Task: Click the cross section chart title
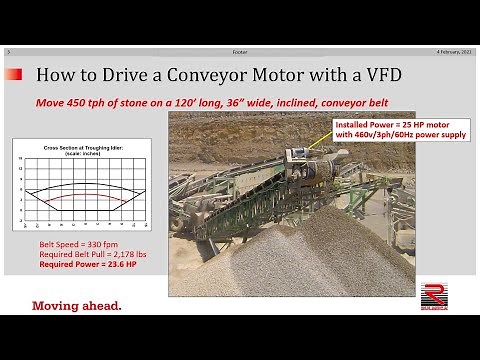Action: coord(81,147)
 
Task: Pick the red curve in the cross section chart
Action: coord(81,199)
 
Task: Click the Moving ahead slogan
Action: coord(77,305)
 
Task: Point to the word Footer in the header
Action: coord(240,50)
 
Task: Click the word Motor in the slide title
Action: coord(292,74)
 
